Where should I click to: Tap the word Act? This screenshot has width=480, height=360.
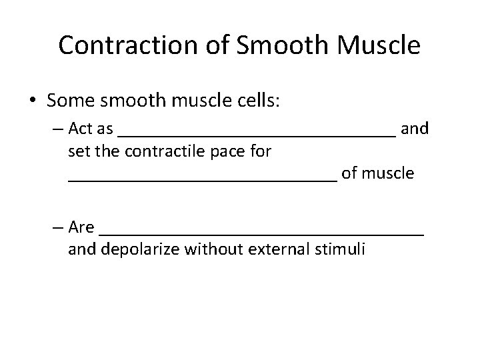pyautogui.click(x=82, y=129)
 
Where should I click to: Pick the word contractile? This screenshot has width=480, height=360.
pyautogui.click(x=151, y=151)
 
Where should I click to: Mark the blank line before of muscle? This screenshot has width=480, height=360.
pyautogui.click(x=203, y=178)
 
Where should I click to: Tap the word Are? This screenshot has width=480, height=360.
pyautogui.click(x=81, y=227)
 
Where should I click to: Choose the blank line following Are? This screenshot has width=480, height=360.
pyautogui.click(x=261, y=233)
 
